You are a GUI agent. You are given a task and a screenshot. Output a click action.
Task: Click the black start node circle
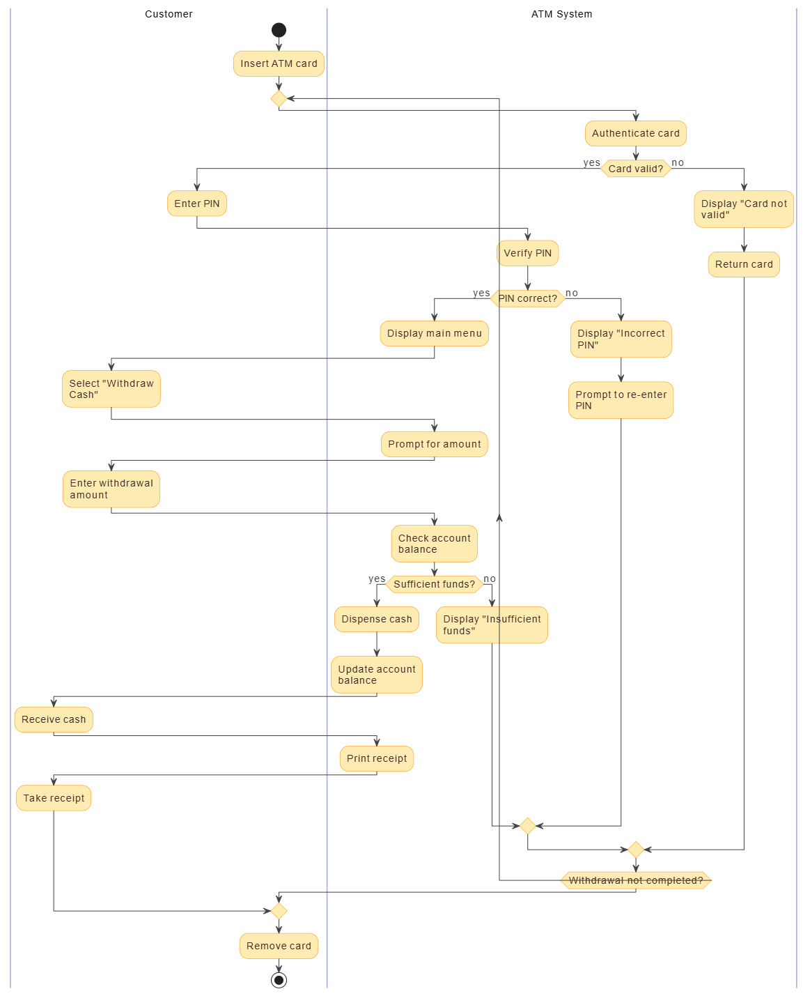279,30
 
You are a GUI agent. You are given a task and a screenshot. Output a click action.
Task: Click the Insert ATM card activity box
279,63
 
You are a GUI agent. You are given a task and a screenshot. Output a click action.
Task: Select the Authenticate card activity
635,133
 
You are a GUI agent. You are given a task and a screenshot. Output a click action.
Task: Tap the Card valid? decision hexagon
635,169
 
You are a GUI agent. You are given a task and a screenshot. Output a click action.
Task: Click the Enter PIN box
196,204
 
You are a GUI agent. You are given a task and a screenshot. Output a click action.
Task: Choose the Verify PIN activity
527,253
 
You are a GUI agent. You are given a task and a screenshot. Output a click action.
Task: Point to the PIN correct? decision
527,298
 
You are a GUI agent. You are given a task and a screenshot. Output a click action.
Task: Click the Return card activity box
743,264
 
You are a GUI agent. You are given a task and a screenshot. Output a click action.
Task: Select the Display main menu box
434,333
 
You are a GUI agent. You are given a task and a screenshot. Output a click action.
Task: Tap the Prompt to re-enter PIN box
621,400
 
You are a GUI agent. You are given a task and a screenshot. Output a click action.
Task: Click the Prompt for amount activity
434,444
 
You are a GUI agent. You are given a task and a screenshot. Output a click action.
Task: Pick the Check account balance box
434,544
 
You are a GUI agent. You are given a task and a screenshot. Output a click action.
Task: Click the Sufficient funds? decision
434,584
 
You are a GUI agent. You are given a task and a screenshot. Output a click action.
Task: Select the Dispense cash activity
376,619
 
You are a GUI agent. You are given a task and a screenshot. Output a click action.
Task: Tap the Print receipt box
376,758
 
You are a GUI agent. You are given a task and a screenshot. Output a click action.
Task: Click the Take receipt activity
54,798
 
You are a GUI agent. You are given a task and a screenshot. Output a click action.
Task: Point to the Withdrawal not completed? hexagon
635,880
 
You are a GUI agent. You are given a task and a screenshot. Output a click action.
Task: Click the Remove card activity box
279,946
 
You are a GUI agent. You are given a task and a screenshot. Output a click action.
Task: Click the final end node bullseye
279,980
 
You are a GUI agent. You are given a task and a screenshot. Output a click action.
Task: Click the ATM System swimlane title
561,14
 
